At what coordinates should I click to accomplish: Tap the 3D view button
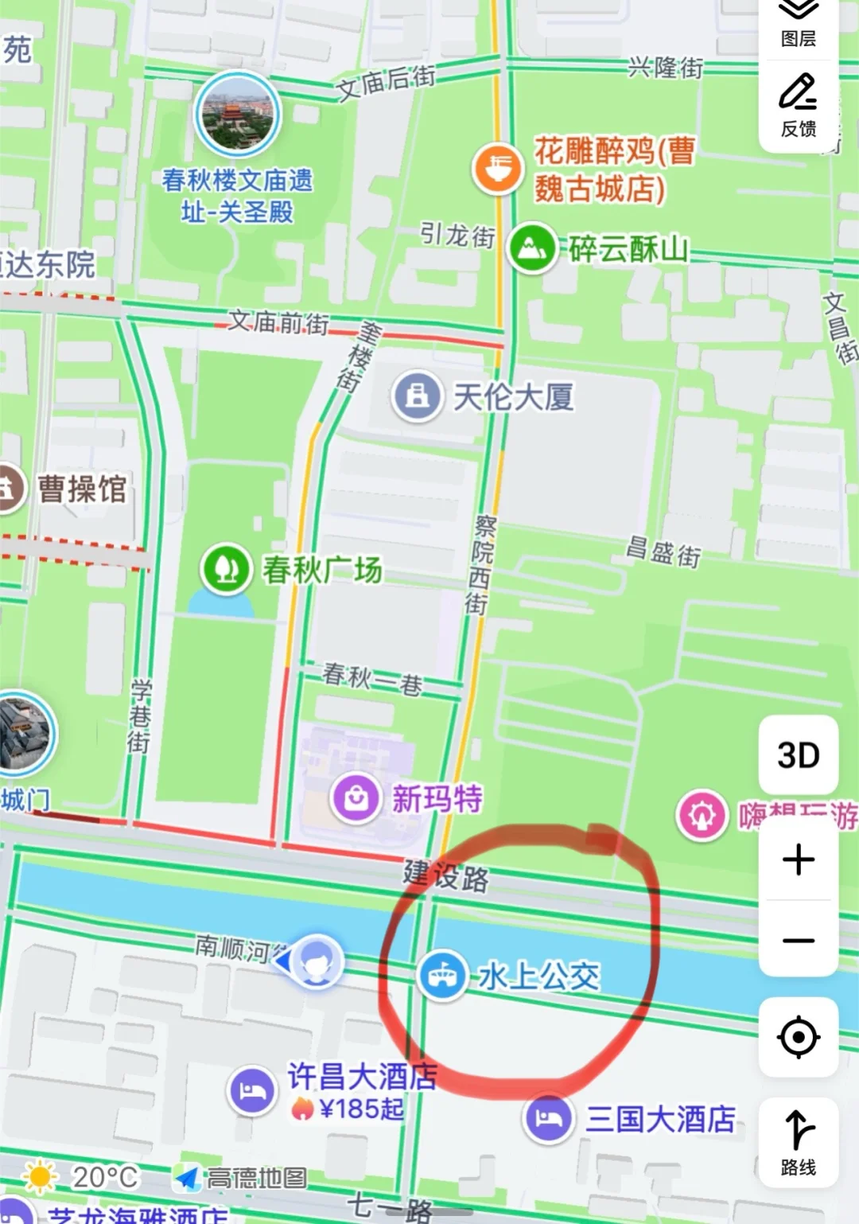click(798, 755)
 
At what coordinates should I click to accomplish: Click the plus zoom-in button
click(798, 860)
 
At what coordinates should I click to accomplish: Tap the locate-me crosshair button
click(798, 1037)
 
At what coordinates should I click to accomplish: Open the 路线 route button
click(798, 1143)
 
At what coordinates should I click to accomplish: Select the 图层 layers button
click(798, 24)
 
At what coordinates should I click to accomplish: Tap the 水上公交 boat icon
click(442, 976)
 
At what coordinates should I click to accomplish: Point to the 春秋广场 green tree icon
click(227, 569)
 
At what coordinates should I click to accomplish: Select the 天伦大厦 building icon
click(417, 396)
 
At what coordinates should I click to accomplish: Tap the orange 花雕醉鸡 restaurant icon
click(498, 168)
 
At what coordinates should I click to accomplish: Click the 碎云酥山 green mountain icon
click(532, 248)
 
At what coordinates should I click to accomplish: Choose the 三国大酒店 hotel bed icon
click(548, 1118)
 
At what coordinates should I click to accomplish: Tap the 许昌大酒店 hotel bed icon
click(252, 1090)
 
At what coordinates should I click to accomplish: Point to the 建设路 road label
click(445, 875)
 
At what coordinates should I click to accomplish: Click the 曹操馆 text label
click(83, 489)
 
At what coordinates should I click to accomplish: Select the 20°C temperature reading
click(105, 1177)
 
